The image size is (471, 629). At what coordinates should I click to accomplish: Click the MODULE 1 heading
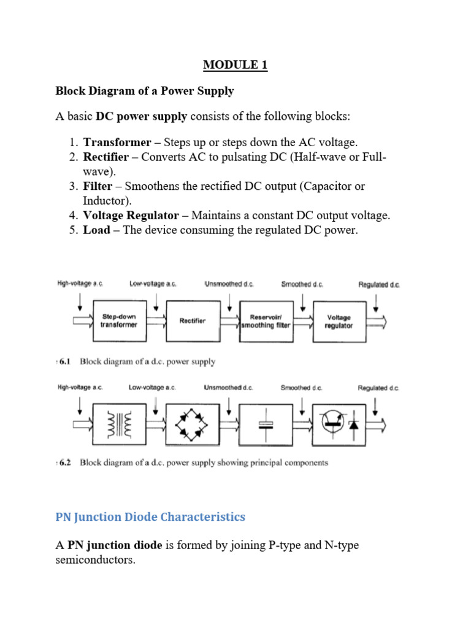tap(235, 65)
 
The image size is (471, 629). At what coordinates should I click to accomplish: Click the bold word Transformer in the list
tap(117, 143)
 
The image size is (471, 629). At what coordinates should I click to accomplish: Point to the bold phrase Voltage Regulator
tap(131, 216)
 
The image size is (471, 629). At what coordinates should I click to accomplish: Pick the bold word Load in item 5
tap(97, 230)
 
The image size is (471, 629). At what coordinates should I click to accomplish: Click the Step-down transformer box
tap(120, 321)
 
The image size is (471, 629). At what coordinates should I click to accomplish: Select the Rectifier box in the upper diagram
tap(193, 321)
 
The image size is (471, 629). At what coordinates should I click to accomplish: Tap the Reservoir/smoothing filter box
tap(266, 321)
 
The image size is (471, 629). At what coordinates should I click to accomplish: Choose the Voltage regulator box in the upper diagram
tap(339, 321)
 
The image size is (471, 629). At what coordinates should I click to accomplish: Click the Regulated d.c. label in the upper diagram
tap(379, 284)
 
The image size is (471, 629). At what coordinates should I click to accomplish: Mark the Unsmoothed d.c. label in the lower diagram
tap(228, 388)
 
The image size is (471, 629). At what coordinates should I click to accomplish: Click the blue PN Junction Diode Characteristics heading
tap(150, 517)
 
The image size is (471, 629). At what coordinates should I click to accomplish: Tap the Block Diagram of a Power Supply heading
tap(145, 91)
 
